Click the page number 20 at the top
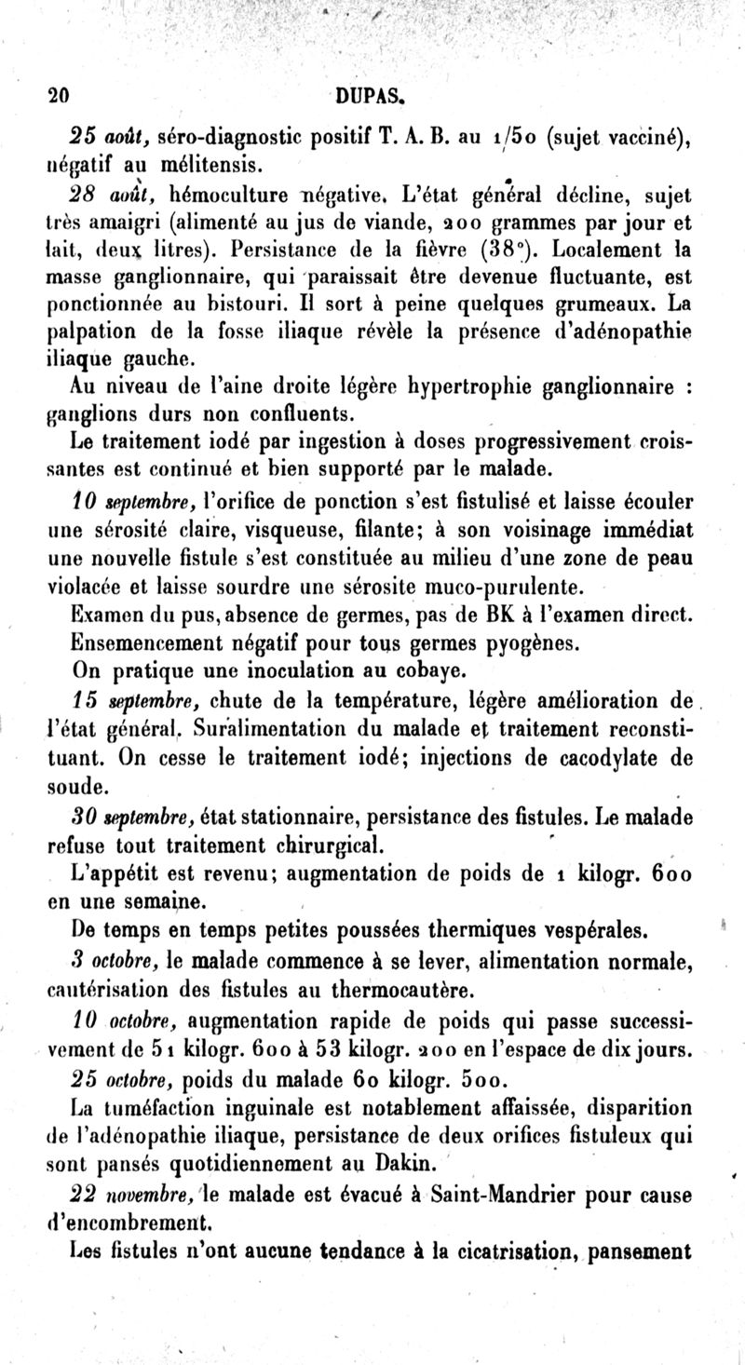(60, 94)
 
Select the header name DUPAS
(370, 94)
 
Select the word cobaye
(443, 669)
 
